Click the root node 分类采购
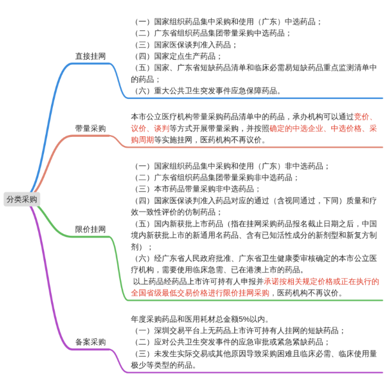click(22, 199)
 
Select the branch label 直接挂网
click(90, 56)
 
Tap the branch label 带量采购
click(90, 129)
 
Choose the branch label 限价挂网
click(90, 229)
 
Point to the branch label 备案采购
click(90, 342)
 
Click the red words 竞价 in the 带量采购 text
click(362, 117)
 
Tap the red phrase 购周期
click(142, 140)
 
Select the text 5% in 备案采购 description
click(244, 319)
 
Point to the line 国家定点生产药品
click(184, 56)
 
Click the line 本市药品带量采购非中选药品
click(204, 189)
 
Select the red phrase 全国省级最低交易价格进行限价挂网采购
click(200, 293)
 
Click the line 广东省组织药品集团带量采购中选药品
click(219, 33)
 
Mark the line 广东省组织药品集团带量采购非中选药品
click(223, 177)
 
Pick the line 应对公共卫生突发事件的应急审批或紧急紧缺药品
click(239, 342)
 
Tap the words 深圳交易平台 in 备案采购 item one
click(177, 330)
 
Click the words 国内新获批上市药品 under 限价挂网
click(189, 223)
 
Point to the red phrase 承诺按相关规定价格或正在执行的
click(321, 282)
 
